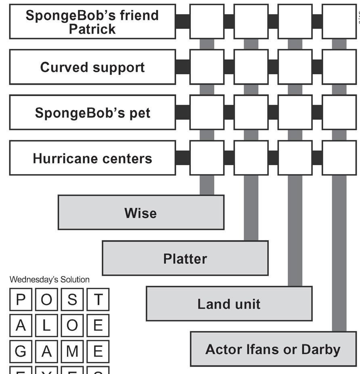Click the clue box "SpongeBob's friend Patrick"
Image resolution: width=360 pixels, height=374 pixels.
pos(92,22)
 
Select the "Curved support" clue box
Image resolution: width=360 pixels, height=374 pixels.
pos(92,67)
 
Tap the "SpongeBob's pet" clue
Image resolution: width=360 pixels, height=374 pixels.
pos(92,112)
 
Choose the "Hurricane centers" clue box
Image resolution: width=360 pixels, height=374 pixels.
pos(92,158)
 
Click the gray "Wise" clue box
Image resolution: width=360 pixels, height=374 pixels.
pos(141,212)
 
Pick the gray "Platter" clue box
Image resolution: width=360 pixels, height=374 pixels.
pos(185,258)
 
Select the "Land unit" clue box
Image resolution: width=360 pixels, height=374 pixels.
pos(229,304)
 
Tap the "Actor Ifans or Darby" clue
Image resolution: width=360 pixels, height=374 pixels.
pos(273,349)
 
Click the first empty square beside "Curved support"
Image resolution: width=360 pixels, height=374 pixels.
pos(207,67)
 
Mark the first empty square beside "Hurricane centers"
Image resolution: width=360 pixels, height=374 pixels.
pos(207,158)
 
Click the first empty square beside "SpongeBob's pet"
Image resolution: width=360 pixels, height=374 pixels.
pos(207,112)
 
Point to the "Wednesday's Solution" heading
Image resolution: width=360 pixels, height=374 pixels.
pos(49,279)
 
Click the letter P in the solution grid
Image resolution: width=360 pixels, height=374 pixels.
pos(20,300)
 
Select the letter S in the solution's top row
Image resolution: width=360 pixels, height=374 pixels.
pos(72,300)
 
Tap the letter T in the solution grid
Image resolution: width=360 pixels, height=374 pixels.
pos(98,300)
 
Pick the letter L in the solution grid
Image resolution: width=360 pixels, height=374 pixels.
pos(46,326)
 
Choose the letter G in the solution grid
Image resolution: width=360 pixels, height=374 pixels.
pos(20,351)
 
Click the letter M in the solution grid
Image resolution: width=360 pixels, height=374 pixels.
pos(72,351)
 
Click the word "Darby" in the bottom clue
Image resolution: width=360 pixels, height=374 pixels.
pos(320,349)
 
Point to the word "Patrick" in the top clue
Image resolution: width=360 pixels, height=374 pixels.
pos(92,29)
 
